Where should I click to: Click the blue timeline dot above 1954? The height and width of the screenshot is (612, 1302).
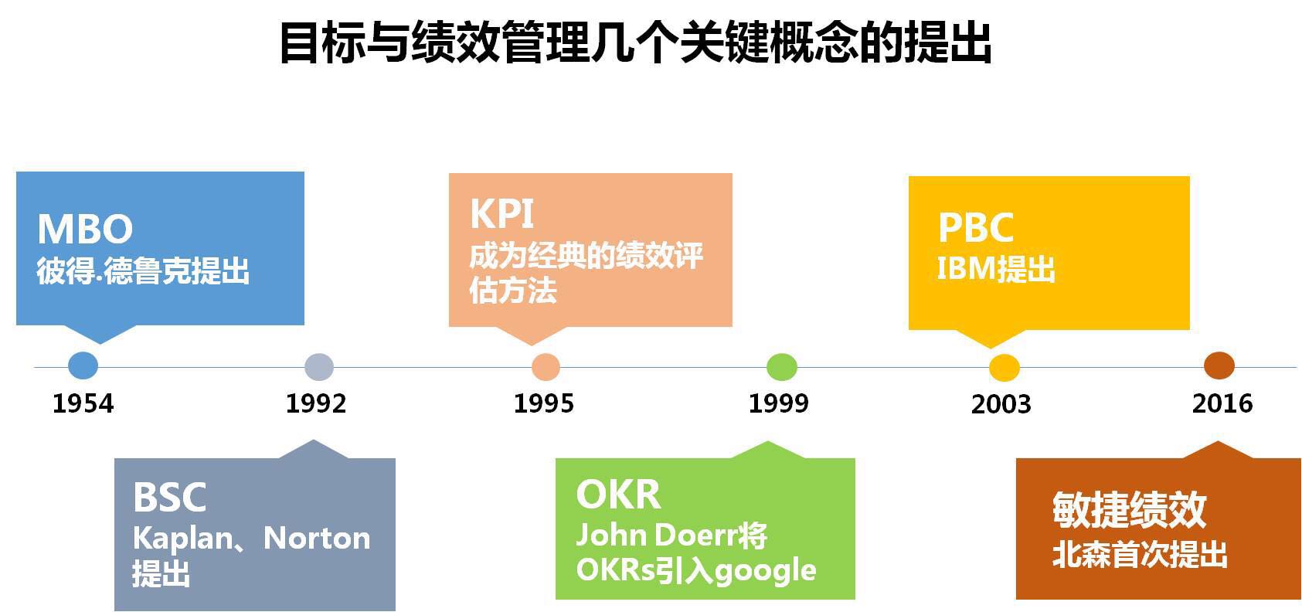(x=83, y=365)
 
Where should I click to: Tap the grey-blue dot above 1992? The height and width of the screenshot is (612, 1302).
(x=319, y=367)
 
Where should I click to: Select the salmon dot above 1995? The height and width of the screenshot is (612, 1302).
(x=546, y=367)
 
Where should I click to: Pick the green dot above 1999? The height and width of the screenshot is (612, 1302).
(x=782, y=367)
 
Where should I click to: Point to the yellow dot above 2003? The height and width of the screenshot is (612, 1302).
(x=1005, y=368)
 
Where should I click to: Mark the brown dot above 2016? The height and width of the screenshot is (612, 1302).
(x=1219, y=365)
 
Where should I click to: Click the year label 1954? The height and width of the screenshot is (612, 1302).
(x=83, y=403)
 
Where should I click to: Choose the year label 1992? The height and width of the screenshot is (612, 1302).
(x=316, y=403)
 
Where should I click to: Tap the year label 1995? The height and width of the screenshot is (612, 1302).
(x=544, y=403)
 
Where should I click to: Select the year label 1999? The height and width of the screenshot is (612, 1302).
(x=779, y=403)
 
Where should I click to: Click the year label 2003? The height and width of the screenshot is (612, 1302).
(x=1001, y=404)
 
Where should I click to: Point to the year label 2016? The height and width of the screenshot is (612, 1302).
(x=1222, y=403)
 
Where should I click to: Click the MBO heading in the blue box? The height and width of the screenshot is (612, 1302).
(x=86, y=229)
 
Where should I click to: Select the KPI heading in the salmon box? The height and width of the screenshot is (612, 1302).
(x=501, y=214)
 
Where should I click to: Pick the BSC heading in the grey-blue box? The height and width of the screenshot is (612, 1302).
(x=170, y=497)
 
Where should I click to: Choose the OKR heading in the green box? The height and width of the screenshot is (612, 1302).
(x=618, y=495)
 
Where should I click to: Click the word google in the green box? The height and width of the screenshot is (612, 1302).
(x=766, y=571)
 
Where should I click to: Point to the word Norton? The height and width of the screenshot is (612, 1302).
(x=317, y=538)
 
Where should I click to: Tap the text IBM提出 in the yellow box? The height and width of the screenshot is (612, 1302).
(x=996, y=269)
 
